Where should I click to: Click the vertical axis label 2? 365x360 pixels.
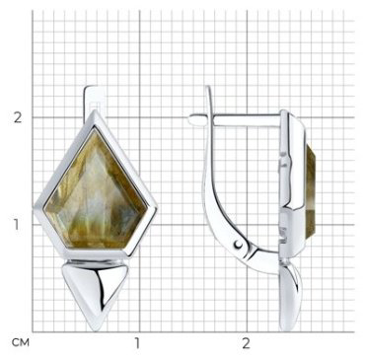(18, 117)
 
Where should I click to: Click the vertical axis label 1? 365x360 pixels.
(17, 225)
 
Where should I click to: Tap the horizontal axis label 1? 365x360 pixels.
(138, 343)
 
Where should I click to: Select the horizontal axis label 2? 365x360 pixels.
(246, 343)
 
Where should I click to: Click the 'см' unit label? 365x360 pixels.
(21, 343)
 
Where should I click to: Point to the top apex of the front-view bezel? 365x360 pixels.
(96, 110)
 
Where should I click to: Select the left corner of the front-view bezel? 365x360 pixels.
(35, 209)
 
